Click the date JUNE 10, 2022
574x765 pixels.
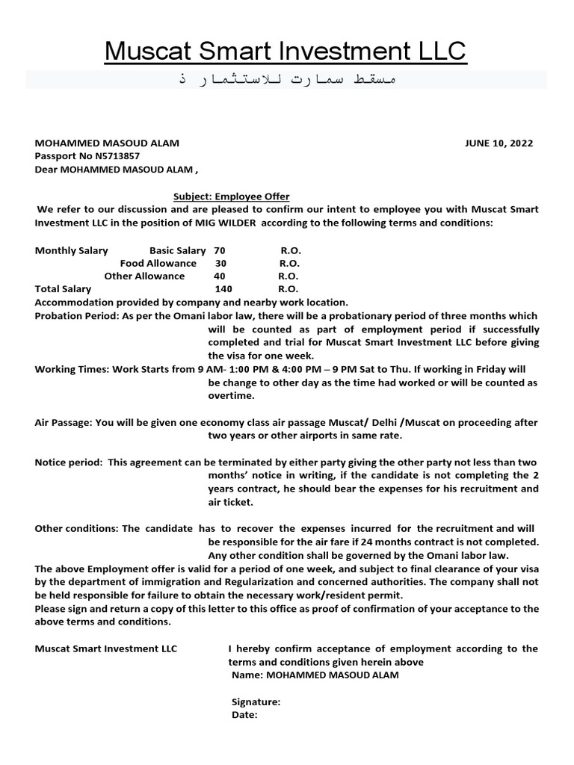tap(499, 143)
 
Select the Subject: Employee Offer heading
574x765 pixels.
tap(232, 196)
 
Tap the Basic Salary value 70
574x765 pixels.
tap(219, 250)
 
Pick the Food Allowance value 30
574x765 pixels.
tap(220, 263)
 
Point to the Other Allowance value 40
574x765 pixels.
tap(219, 276)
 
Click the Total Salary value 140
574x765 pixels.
tap(223, 288)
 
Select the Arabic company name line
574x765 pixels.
tap(286, 79)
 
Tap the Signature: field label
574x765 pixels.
tap(256, 701)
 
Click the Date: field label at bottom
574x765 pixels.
tap(244, 714)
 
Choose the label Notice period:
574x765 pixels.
tap(68, 462)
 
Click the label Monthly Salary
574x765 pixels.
tap(72, 250)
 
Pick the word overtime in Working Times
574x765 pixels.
tap(232, 395)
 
